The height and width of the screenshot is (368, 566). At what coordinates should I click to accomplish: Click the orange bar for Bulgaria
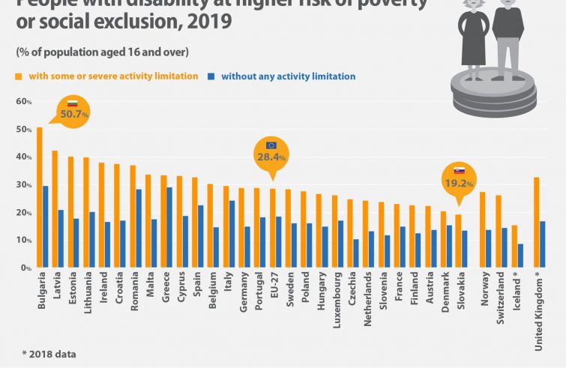tap(39, 198)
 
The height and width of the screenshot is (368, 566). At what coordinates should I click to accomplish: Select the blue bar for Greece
tap(169, 228)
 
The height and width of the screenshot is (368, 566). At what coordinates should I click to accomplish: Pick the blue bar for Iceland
tap(520, 256)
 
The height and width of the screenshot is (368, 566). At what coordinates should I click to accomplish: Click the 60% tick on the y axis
tap(22, 101)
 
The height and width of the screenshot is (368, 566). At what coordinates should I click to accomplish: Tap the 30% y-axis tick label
tap(22, 184)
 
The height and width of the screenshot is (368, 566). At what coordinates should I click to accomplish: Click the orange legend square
tap(19, 76)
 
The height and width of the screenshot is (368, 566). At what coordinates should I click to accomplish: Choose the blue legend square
tap(212, 76)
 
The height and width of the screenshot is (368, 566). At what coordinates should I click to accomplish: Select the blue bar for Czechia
tap(355, 254)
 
